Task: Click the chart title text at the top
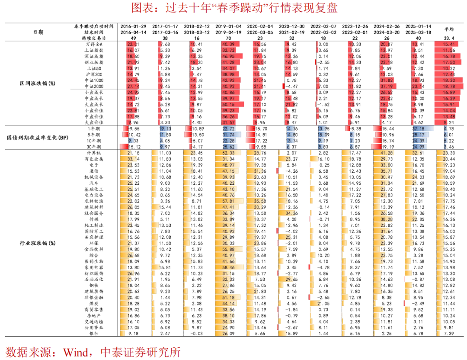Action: point(233,8)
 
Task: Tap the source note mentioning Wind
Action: point(93,351)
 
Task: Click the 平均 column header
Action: point(449,29)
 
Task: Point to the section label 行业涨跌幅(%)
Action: point(38,243)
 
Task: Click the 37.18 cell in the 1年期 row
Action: point(417,129)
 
